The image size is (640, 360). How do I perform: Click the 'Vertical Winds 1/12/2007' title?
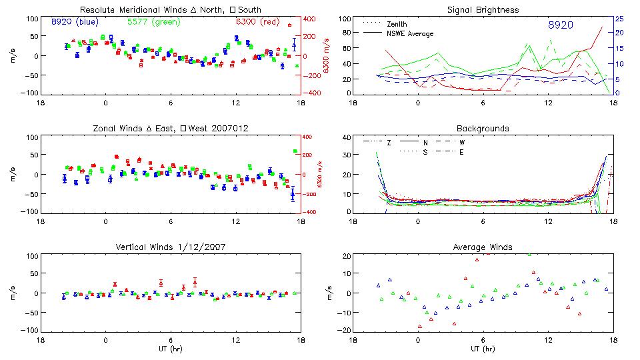(171, 247)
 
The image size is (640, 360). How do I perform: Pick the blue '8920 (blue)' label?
(75, 21)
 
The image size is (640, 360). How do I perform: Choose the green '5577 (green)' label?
(153, 21)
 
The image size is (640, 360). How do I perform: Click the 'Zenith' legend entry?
(397, 24)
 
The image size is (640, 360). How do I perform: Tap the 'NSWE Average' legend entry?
(410, 33)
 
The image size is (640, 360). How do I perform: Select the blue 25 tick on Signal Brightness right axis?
(619, 19)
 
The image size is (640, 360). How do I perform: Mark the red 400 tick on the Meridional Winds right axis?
(311, 19)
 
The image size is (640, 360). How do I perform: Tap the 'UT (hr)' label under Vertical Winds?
(170, 349)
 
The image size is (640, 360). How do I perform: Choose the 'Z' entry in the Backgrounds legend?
(389, 143)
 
